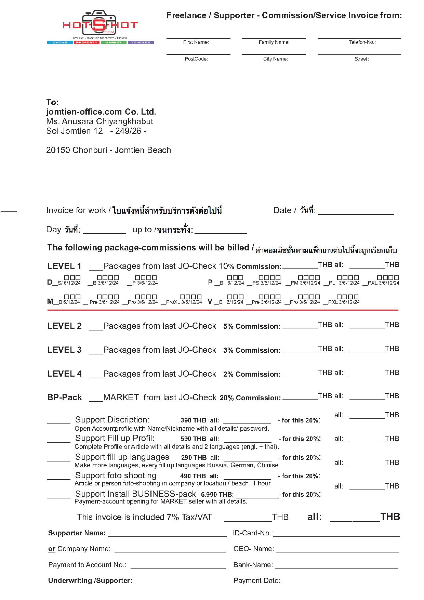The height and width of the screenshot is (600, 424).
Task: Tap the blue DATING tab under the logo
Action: click(x=59, y=42)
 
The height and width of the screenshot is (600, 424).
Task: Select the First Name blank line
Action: click(x=198, y=37)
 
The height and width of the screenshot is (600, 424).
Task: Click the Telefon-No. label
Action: click(x=362, y=42)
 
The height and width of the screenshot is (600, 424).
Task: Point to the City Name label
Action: click(x=275, y=59)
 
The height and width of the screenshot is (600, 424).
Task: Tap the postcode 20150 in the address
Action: click(x=58, y=150)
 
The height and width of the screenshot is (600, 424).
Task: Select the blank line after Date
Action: click(x=356, y=213)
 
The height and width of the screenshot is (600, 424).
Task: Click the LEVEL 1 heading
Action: click(x=64, y=266)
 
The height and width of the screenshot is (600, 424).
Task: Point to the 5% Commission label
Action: click(x=252, y=326)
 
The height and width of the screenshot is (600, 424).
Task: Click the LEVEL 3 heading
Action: click(x=64, y=350)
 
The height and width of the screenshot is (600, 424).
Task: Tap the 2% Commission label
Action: click(x=252, y=374)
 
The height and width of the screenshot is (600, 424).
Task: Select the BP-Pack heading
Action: click(x=65, y=397)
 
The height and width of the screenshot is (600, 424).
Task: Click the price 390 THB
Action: click(x=193, y=420)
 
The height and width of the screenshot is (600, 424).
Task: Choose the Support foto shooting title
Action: click(x=116, y=475)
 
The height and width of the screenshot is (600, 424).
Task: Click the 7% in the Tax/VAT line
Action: click(x=173, y=517)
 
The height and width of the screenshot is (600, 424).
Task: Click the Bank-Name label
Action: click(x=253, y=565)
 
